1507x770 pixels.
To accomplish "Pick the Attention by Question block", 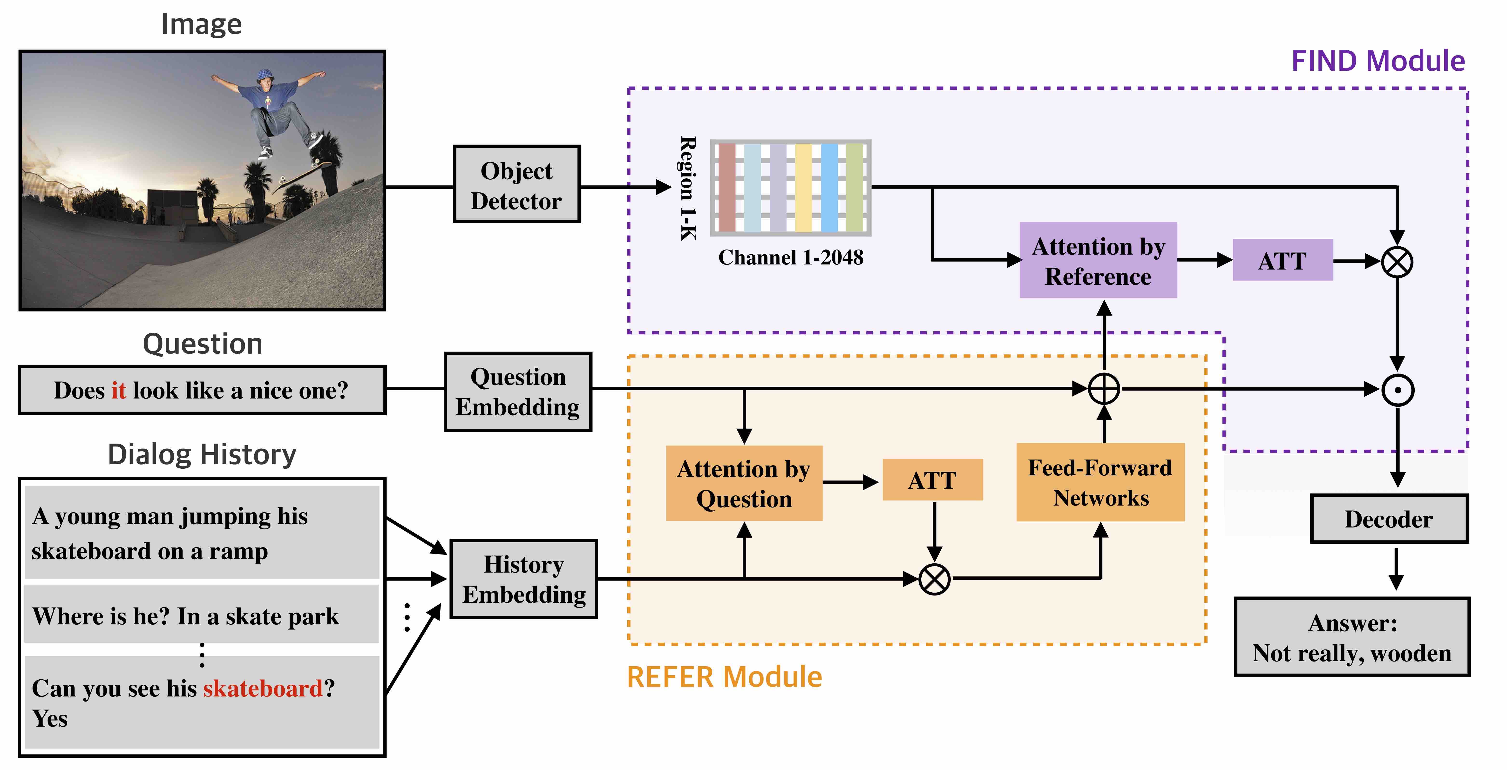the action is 744,483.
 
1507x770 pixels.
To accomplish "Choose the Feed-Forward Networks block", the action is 1100,482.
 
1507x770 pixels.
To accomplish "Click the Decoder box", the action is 1389,519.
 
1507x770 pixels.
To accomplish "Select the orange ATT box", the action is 932,480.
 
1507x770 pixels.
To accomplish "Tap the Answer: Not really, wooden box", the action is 1352,637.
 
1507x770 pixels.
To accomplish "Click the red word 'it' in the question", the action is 119,390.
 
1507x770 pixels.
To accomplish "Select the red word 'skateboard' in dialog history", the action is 263,689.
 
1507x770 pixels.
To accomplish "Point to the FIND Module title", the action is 1378,61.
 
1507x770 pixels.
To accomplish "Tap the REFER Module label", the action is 724,677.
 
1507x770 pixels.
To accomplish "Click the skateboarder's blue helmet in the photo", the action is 265,75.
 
